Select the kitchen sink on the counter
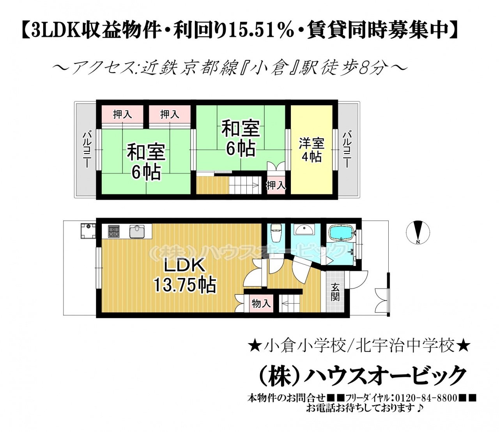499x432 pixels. pos(137,230)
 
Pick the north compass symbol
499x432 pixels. pos(418,232)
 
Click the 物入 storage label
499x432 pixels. pos(261,304)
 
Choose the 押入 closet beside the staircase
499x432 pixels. pos(276,185)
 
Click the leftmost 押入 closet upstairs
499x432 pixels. pos(123,114)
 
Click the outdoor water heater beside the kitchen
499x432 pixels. pos(88,231)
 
